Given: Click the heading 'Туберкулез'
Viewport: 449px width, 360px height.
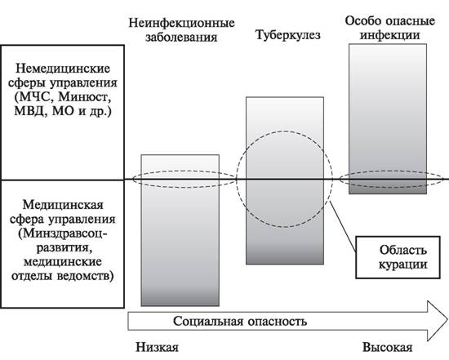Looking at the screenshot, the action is pos(288,36).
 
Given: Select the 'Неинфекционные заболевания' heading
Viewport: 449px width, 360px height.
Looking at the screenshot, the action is pos(181,30).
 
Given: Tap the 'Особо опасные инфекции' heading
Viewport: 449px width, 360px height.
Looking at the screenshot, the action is pos(389,28).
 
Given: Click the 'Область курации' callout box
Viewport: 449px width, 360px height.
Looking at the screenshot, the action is pos(398,257).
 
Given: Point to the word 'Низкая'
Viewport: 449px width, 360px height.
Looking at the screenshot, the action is pos(157,348).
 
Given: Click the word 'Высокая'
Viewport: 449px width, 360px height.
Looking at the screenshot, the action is pos(388,348).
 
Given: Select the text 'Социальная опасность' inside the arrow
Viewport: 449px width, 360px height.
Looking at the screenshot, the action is pos(240,322).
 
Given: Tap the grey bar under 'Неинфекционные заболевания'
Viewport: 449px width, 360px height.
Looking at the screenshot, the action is pos(180,230).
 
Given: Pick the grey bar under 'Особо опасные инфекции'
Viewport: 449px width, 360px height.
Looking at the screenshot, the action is pos(388,119).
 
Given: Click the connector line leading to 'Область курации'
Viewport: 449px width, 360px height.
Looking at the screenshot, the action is pos(343,226).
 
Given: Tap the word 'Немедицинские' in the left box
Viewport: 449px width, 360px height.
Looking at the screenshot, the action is pos(63,69).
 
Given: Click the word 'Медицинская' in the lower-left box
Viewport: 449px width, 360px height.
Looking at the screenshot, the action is pos(63,205).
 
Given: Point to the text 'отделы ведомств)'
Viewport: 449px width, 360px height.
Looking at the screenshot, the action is pos(62,276).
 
